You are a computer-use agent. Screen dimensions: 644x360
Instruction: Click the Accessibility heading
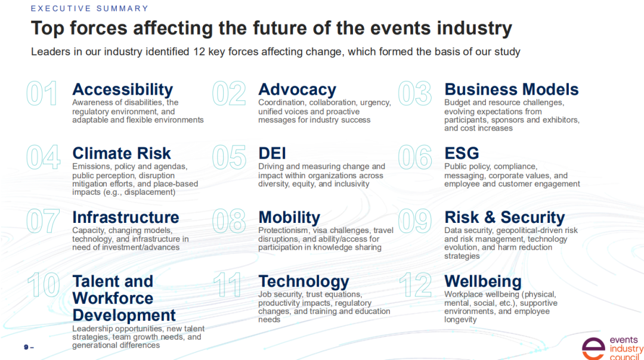tap(122, 89)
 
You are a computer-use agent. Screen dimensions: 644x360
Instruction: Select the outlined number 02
tap(229, 93)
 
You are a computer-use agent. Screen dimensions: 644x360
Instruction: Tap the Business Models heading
tap(512, 89)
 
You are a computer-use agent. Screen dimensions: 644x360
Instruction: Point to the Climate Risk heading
tap(122, 153)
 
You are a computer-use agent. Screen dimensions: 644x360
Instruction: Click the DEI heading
tap(272, 153)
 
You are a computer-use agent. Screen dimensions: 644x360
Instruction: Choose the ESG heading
tap(462, 153)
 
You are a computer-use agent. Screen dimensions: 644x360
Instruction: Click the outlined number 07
tap(43, 221)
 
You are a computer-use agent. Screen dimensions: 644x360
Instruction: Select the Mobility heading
tap(289, 218)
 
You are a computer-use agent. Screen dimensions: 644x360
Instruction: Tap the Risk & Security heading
tap(504, 217)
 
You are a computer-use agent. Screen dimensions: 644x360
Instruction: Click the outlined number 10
tap(44, 285)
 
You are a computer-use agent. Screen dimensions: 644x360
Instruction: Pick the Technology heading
tap(304, 281)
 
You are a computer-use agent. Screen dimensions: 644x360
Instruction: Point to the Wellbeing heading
tap(482, 281)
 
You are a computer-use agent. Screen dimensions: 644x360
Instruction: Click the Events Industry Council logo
tap(612, 349)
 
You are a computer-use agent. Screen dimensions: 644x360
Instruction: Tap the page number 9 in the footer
tap(26, 347)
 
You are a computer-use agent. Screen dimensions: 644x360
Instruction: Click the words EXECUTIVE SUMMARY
tap(89, 8)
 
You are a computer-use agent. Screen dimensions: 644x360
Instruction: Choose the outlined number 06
tap(415, 157)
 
